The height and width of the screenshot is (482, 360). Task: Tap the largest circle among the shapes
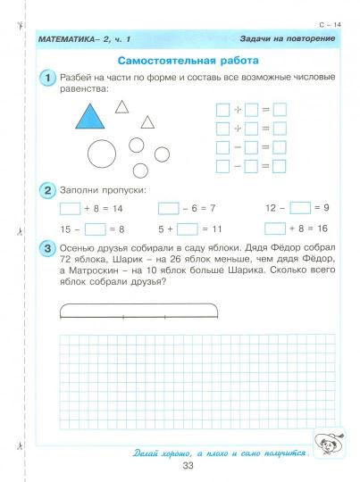coord(102,155)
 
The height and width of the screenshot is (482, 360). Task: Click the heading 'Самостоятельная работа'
coord(188,60)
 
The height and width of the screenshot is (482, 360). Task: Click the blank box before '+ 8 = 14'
coord(69,208)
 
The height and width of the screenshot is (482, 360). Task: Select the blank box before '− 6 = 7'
coord(169,208)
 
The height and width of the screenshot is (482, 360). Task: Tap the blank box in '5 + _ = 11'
coord(188,229)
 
